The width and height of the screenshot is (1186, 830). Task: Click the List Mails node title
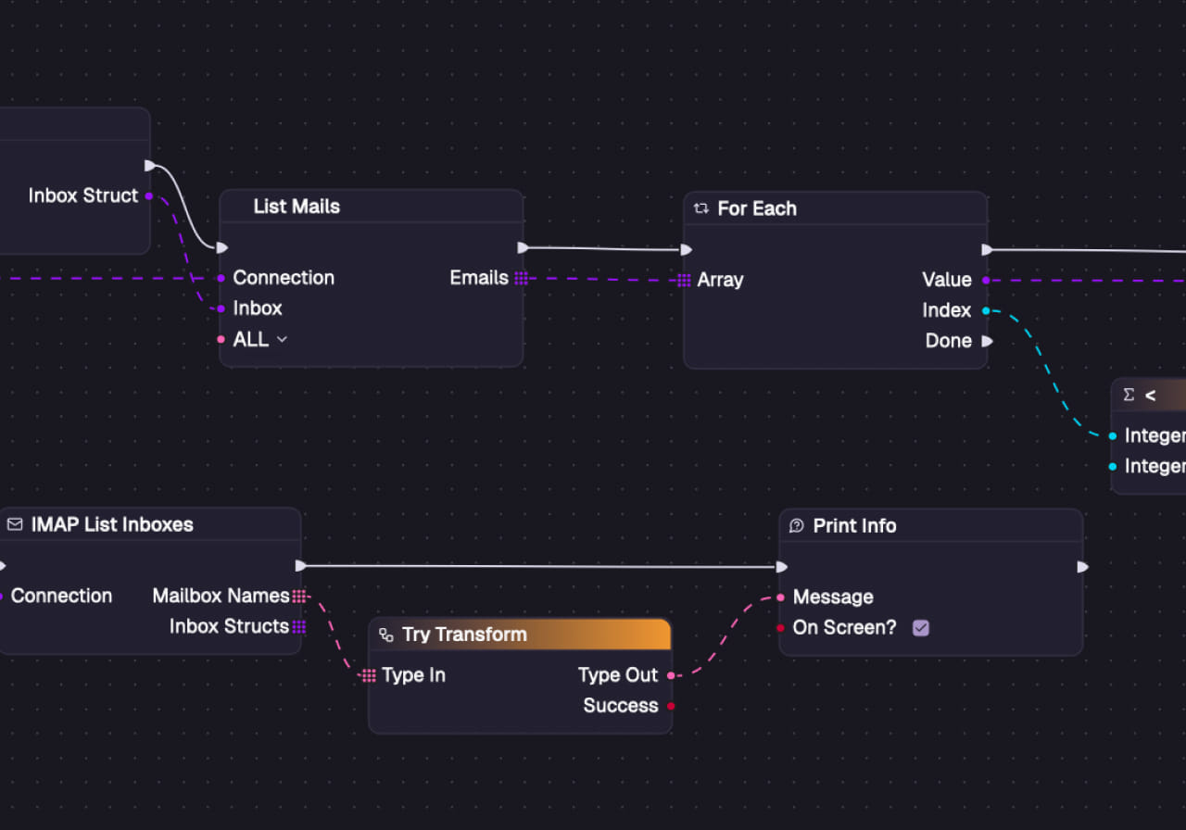(296, 207)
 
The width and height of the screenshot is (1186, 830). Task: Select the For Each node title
(756, 208)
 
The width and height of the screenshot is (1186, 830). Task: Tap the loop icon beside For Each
(701, 208)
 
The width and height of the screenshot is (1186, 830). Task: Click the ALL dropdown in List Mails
(259, 340)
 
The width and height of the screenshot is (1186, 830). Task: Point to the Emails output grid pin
(521, 278)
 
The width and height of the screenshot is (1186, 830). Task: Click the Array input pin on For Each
(684, 280)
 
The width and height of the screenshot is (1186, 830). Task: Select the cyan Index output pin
(986, 310)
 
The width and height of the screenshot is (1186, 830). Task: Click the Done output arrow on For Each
(987, 341)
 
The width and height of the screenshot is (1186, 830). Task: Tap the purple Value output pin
(986, 280)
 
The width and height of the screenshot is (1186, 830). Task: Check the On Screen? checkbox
(920, 628)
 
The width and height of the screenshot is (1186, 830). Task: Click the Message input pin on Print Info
(781, 597)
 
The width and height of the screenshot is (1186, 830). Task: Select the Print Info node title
(854, 525)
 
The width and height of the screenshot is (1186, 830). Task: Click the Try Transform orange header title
(464, 635)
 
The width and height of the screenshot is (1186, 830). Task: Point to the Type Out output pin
(671, 675)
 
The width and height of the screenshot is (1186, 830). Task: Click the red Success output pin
(671, 706)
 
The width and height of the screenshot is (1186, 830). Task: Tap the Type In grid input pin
(369, 675)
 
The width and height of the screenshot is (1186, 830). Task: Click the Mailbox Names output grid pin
(298, 596)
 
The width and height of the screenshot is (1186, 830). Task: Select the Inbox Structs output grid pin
(298, 627)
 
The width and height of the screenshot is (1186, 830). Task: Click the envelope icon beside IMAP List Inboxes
(15, 524)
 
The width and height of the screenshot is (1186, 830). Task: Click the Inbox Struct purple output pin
(148, 195)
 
